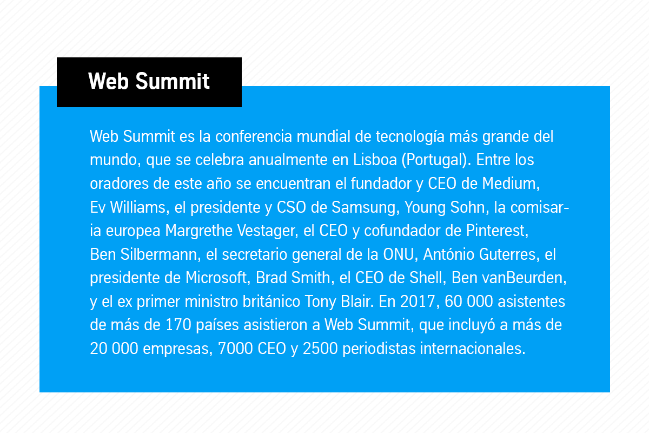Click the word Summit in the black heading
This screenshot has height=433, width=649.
pyautogui.click(x=173, y=81)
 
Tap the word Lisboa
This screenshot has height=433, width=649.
pyautogui.click(x=375, y=160)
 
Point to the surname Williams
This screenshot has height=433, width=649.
pyautogui.click(x=138, y=207)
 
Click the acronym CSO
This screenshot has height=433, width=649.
pyautogui.click(x=291, y=207)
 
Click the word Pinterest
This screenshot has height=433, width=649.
pyautogui.click(x=496, y=231)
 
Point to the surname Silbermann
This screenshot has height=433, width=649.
pyautogui.click(x=159, y=254)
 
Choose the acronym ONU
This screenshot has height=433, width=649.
pyautogui.click(x=399, y=254)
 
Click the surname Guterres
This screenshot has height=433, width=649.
pyautogui.click(x=507, y=254)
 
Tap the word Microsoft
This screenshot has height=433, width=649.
pyautogui.click(x=216, y=278)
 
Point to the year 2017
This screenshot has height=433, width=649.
pyautogui.click(x=418, y=301)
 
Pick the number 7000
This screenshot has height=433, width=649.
pyautogui.click(x=235, y=349)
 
